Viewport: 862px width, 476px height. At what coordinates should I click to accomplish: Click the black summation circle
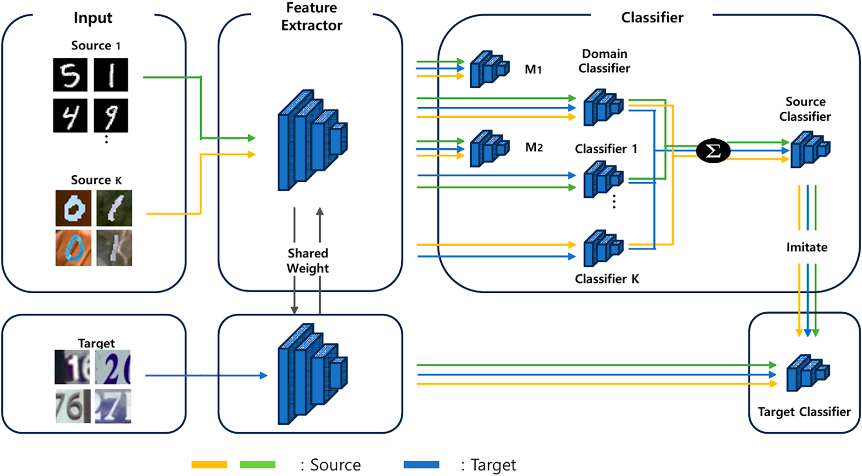point(713,151)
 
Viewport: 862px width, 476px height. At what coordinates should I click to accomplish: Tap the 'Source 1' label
point(96,45)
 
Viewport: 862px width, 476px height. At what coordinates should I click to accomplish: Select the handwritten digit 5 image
point(70,75)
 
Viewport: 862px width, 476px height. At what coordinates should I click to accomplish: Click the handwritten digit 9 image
point(111,116)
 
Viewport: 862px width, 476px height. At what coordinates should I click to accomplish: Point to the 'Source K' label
point(96,180)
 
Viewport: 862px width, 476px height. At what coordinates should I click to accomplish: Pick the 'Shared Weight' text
point(308,261)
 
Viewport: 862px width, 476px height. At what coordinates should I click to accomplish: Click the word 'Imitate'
point(807,247)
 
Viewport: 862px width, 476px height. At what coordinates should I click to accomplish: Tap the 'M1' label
point(533,69)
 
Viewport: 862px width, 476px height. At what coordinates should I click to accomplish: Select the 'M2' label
point(534,147)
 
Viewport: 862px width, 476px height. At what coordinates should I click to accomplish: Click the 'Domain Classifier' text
point(604,61)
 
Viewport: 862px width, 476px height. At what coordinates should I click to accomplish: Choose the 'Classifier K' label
point(607,279)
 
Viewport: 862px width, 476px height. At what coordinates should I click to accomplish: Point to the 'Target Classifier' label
point(804,412)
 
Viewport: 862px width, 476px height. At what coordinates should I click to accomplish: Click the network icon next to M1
point(489,69)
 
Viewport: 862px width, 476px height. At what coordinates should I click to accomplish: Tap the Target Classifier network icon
point(808,373)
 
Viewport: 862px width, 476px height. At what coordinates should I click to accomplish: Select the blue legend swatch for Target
point(421,465)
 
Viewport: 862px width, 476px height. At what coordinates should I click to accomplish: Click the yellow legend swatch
point(209,465)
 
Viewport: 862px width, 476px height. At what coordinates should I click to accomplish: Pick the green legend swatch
point(257,465)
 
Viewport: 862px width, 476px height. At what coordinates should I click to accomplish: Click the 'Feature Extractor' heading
point(311,17)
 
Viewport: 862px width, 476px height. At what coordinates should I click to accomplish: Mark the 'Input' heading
point(93,18)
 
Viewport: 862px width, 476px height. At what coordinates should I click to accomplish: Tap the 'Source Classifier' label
point(805,109)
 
